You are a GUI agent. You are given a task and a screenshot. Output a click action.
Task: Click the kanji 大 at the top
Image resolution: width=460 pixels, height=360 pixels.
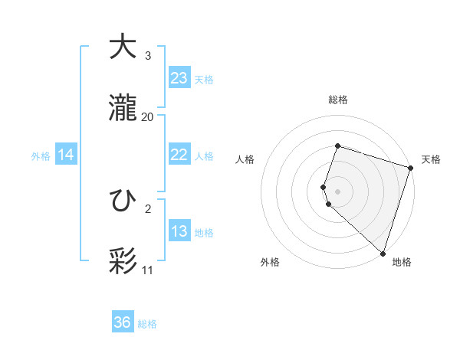(123, 47)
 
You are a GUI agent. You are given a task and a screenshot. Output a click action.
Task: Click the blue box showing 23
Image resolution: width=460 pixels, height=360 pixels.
(179, 78)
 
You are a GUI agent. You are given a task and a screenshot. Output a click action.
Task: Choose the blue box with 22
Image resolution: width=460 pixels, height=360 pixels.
(179, 155)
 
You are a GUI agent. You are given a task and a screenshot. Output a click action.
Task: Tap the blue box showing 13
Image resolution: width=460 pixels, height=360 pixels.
(179, 231)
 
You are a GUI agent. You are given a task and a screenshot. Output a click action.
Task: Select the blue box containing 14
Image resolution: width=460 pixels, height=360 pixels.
(66, 155)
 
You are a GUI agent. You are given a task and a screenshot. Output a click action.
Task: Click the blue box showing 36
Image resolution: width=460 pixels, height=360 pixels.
(123, 322)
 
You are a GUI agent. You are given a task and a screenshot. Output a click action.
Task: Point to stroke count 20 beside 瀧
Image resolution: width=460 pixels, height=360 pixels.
(148, 116)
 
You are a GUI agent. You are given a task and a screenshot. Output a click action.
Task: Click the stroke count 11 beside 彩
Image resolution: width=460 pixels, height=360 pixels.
(148, 270)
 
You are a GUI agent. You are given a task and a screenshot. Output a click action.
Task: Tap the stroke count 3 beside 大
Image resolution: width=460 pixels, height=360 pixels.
(148, 56)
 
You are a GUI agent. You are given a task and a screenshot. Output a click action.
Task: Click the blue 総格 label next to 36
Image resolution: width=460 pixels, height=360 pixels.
(147, 324)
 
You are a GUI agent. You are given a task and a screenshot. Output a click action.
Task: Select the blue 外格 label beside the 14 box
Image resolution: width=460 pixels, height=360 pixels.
(41, 156)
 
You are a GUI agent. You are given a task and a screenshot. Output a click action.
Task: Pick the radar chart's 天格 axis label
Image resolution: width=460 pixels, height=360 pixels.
(431, 159)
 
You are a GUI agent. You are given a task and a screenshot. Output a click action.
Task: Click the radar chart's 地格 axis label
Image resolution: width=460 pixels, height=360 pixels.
(402, 262)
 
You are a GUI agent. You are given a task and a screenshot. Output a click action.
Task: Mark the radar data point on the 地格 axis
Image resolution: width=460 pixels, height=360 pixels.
(383, 253)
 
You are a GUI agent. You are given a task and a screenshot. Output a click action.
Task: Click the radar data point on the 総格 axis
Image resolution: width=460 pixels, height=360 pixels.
(337, 146)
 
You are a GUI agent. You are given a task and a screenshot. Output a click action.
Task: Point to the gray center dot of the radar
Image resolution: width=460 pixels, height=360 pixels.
(337, 190)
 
